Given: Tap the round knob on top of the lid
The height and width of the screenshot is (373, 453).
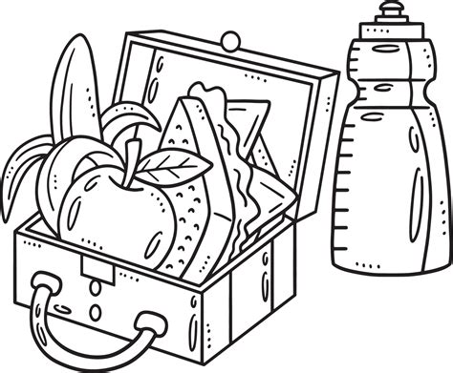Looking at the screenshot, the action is click(230, 40).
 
